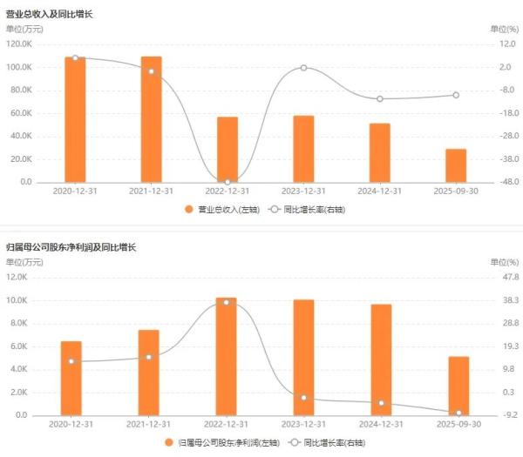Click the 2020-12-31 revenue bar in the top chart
pyautogui.click(x=75, y=120)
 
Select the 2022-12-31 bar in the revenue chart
pyautogui.click(x=228, y=150)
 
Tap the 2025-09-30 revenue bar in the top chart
pyautogui.click(x=456, y=165)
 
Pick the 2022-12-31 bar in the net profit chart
pyautogui.click(x=228, y=357)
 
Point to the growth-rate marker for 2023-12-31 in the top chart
pyautogui.click(x=303, y=68)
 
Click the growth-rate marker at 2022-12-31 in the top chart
pyautogui.click(x=228, y=182)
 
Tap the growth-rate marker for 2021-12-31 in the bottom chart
pyautogui.click(x=149, y=357)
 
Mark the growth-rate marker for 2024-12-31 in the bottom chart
pyautogui.click(x=381, y=403)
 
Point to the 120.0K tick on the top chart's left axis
pyautogui.click(x=19, y=44)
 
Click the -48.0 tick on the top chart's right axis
pyautogui.click(x=507, y=182)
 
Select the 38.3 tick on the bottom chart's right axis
pyautogui.click(x=507, y=300)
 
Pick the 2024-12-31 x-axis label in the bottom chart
pyautogui.click(x=381, y=423)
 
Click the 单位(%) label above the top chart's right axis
pyautogui.click(x=504, y=29)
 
